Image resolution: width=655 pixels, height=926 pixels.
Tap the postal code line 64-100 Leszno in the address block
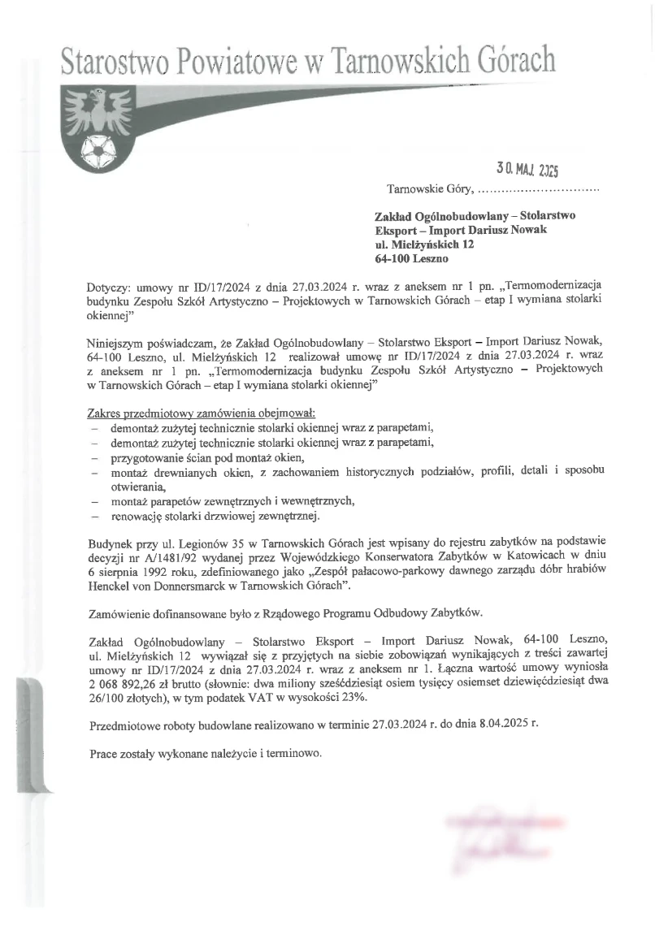pos(411,259)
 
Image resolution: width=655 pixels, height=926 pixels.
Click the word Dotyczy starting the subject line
pos(110,288)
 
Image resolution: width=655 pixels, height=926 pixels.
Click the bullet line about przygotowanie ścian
pos(195,457)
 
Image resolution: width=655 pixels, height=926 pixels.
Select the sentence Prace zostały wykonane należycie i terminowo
pos(206,752)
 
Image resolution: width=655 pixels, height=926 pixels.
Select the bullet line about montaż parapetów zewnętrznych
pos(234,501)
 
